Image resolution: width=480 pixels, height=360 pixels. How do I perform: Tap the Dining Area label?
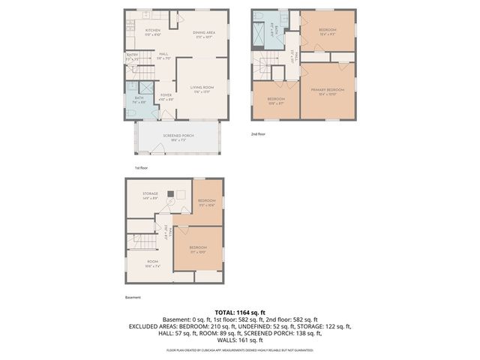point(204,34)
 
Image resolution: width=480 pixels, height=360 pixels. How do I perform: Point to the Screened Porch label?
point(178,137)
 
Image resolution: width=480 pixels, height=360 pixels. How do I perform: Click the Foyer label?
point(165,97)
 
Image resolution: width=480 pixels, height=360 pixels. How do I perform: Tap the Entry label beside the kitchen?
point(132,55)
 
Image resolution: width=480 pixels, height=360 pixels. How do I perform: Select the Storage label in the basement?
point(151,196)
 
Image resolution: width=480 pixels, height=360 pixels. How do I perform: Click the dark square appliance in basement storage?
point(171,202)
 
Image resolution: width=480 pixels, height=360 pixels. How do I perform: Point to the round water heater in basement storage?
point(181,193)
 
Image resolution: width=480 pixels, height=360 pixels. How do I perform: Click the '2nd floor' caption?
point(258,133)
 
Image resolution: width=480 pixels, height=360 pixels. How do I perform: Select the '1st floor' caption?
point(142,168)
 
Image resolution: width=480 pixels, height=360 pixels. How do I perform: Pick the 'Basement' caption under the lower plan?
point(133,297)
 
